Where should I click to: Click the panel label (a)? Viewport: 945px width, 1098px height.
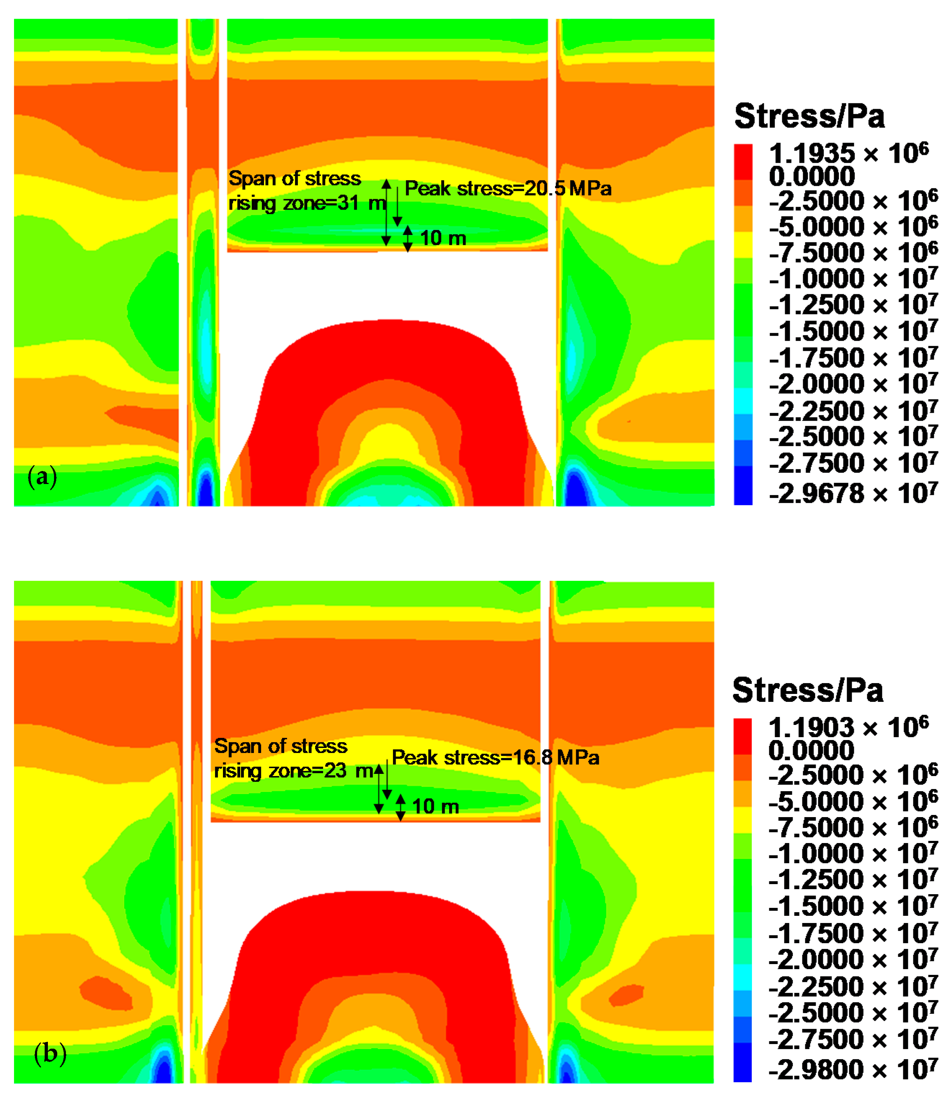[x=42, y=476]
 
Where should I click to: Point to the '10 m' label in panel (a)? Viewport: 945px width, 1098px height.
[x=443, y=238]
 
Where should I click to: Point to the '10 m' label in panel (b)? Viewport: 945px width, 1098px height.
[x=435, y=807]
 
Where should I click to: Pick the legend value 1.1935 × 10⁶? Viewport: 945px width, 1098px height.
[x=848, y=154]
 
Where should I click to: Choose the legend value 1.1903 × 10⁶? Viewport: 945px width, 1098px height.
[x=848, y=727]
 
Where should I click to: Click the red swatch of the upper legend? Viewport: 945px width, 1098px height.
[x=743, y=162]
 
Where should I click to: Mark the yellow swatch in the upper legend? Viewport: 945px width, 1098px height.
[x=743, y=245]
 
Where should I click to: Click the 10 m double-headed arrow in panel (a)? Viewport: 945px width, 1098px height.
[x=408, y=238]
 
